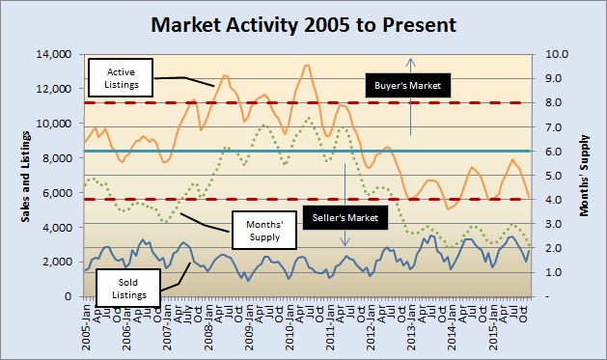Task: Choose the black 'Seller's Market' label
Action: click(x=345, y=215)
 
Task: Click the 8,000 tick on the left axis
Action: click(x=65, y=158)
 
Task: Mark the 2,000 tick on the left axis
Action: click(x=65, y=262)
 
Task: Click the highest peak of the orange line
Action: click(x=306, y=66)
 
